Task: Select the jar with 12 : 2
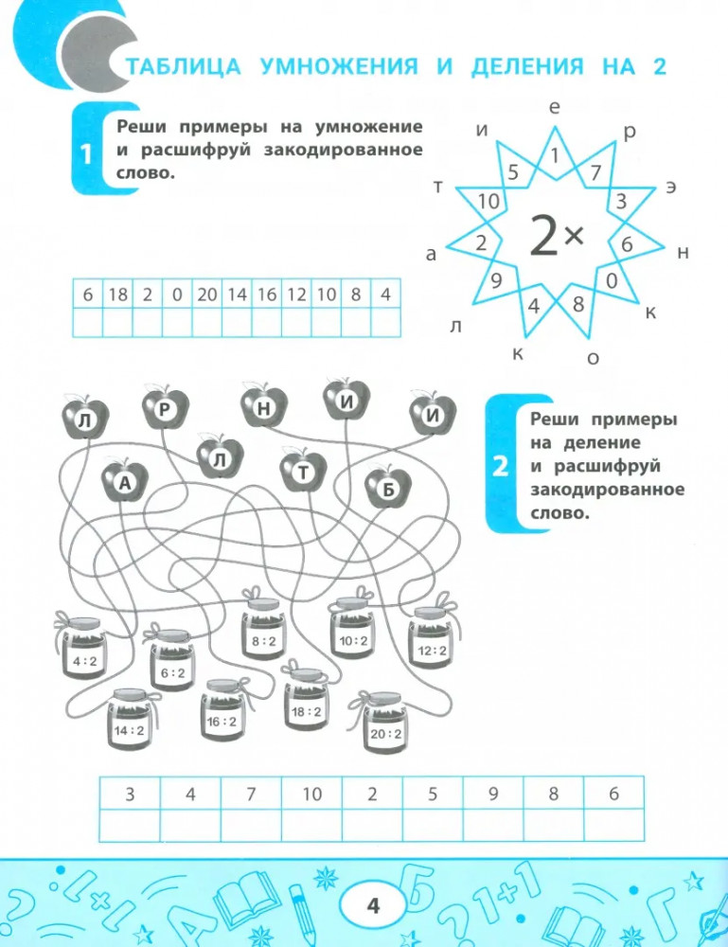(432, 641)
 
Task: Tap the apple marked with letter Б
(387, 487)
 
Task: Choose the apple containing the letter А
(124, 481)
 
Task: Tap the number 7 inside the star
(595, 173)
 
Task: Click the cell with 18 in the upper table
(117, 295)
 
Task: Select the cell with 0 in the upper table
(177, 295)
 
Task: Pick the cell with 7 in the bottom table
(251, 795)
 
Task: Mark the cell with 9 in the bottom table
(493, 795)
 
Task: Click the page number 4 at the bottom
(372, 906)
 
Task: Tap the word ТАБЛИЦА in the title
(178, 66)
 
